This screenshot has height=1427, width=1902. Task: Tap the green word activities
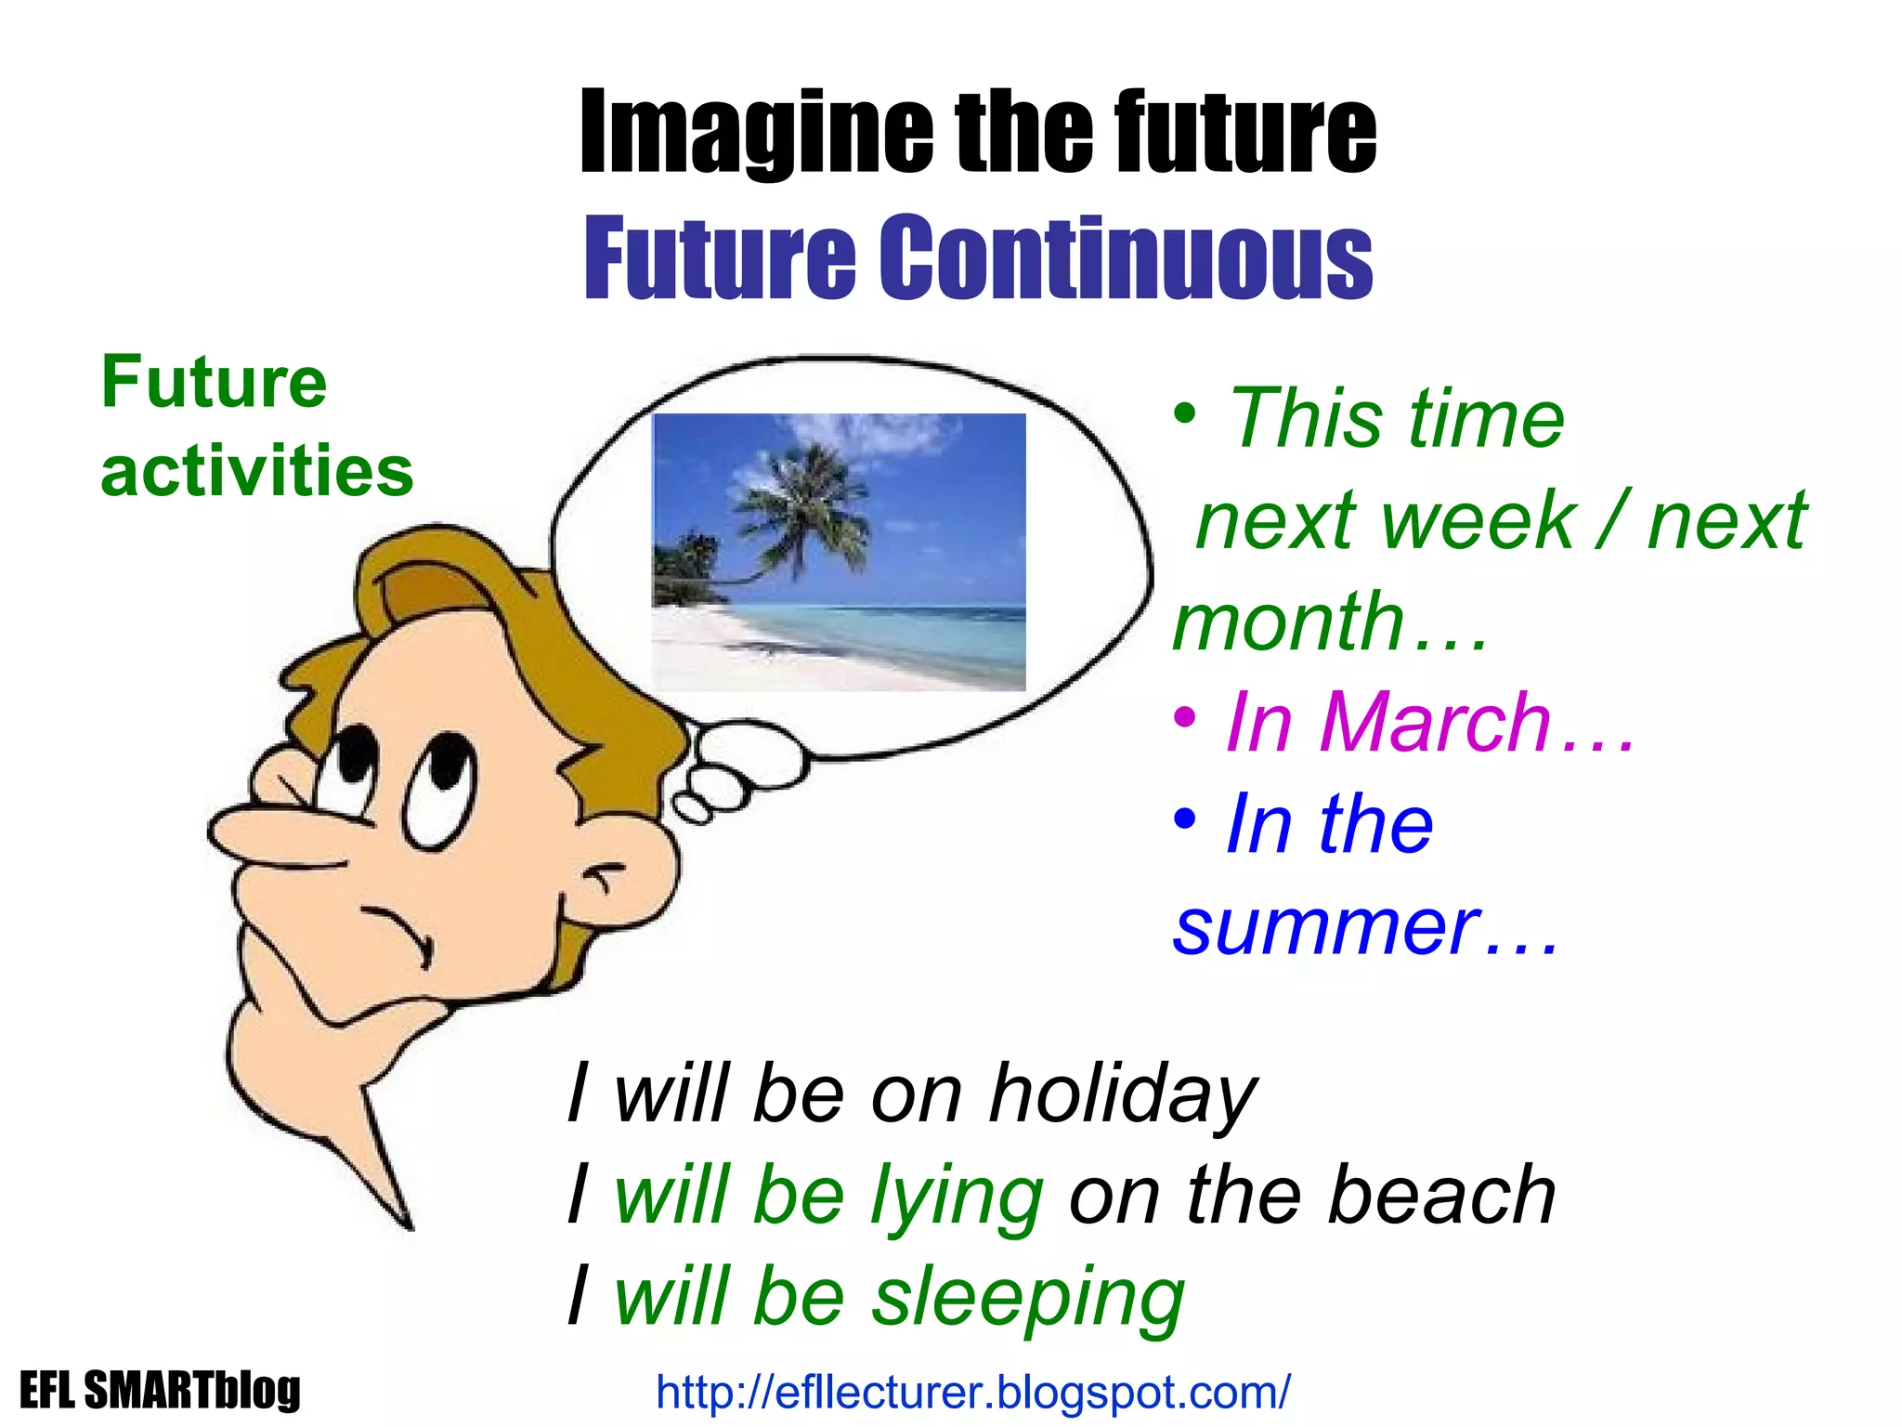(x=256, y=472)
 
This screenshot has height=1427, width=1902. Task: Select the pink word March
(x=1435, y=723)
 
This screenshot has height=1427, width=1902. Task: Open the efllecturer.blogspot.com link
(x=972, y=1393)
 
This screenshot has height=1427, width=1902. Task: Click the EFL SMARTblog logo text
(x=160, y=1391)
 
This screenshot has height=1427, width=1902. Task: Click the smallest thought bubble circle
(x=692, y=807)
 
